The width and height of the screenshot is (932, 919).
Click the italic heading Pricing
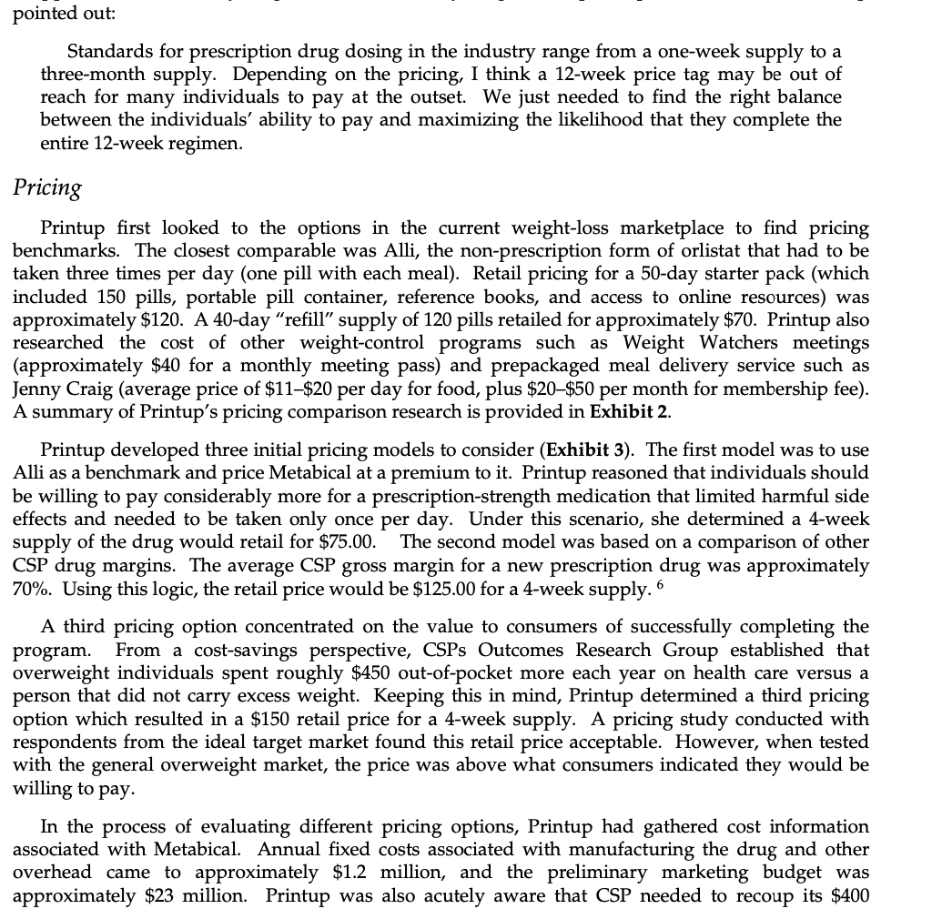coord(47,187)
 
